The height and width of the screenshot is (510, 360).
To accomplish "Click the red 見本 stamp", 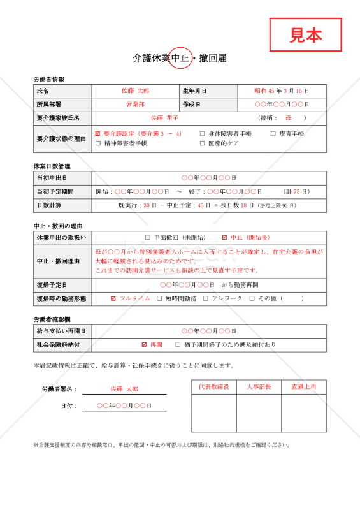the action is click(x=306, y=35).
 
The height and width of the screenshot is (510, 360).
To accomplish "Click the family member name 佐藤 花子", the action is click(x=164, y=118).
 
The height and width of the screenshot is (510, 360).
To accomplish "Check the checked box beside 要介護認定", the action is click(x=97, y=134).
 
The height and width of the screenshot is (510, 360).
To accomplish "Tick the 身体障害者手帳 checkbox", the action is click(x=202, y=134).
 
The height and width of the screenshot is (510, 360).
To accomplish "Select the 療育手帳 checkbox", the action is click(x=273, y=134).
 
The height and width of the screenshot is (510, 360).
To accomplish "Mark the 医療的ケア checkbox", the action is click(x=202, y=143).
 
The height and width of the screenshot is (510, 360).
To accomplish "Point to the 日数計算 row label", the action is click(x=49, y=205).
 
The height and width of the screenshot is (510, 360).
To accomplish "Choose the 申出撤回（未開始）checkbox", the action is click(x=148, y=237).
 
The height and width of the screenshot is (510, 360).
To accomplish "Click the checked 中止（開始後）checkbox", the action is click(x=224, y=237).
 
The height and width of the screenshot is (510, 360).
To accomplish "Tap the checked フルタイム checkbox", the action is click(x=113, y=298).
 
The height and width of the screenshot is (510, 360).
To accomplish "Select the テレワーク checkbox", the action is click(x=206, y=298).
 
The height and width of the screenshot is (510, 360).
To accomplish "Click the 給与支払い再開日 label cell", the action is click(x=61, y=331).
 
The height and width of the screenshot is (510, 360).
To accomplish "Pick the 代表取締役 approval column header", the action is click(x=214, y=386).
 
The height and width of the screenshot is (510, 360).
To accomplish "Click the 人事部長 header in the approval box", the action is click(x=259, y=386).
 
